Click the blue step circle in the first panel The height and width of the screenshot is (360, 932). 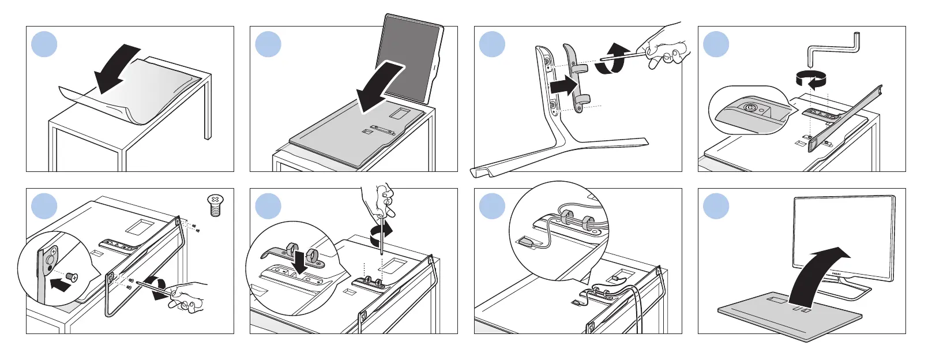[x=44, y=44]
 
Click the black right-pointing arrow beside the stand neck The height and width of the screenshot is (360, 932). [x=563, y=87]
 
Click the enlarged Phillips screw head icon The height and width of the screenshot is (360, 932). [x=215, y=204]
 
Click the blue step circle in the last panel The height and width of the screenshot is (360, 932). [x=716, y=206]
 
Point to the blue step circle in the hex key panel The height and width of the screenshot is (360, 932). [x=716, y=44]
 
